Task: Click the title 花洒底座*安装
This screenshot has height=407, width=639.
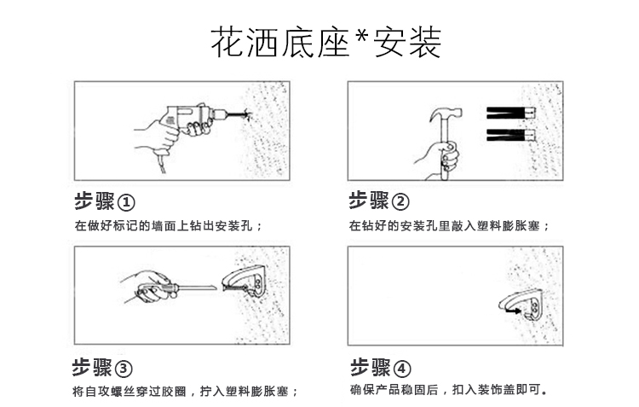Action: [x=326, y=43]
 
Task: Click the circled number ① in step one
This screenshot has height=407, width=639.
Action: [x=126, y=202]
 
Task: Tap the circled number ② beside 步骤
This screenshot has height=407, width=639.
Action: [x=400, y=201]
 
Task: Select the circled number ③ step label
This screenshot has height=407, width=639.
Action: [x=124, y=369]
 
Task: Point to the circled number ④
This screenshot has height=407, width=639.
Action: [x=402, y=369]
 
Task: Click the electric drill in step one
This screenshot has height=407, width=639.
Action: [x=192, y=116]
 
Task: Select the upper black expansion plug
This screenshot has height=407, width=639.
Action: [x=510, y=113]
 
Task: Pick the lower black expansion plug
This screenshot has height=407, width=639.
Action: [x=510, y=135]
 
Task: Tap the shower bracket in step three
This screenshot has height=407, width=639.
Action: [x=245, y=281]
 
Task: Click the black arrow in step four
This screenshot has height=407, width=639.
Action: [x=513, y=311]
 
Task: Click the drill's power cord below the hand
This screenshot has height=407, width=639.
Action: [x=162, y=162]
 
